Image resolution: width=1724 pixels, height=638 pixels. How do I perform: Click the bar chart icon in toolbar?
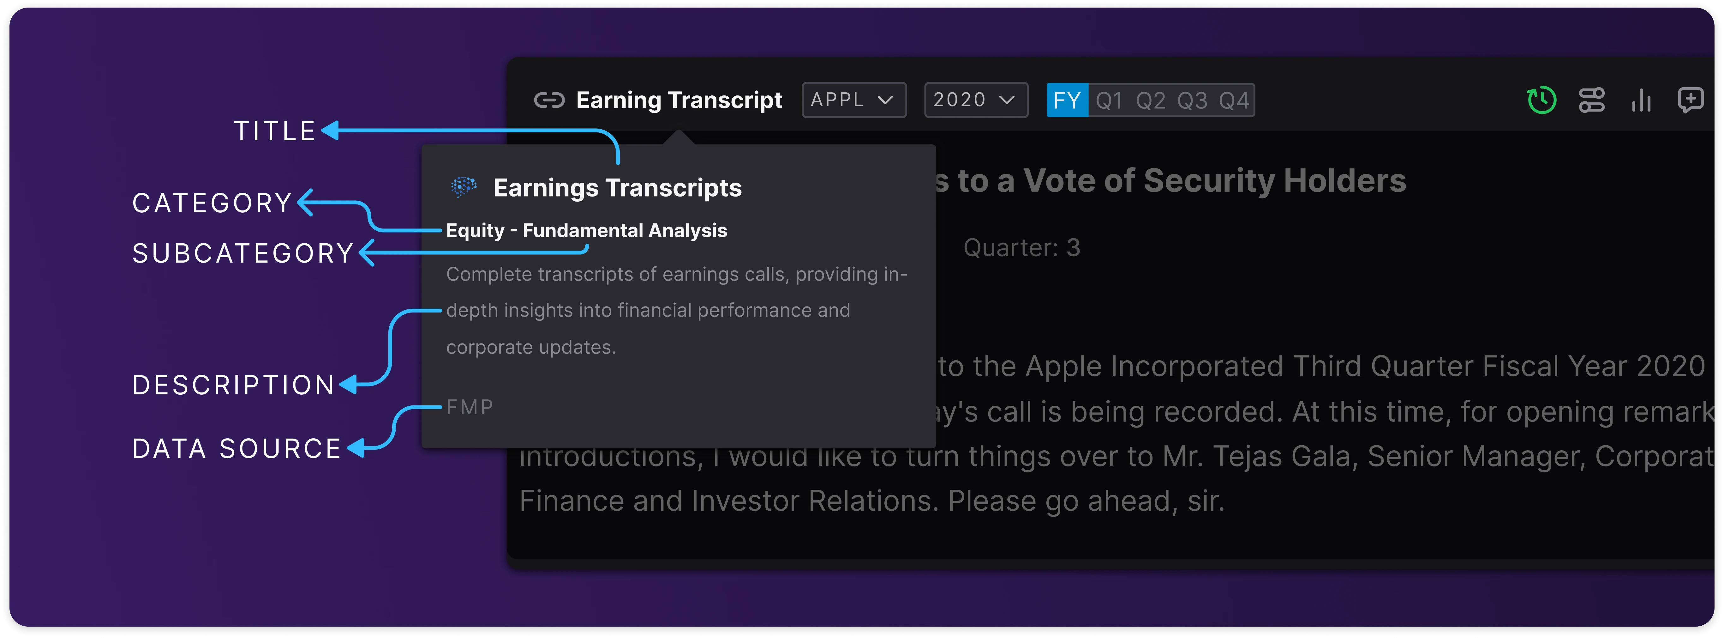point(1641,100)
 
